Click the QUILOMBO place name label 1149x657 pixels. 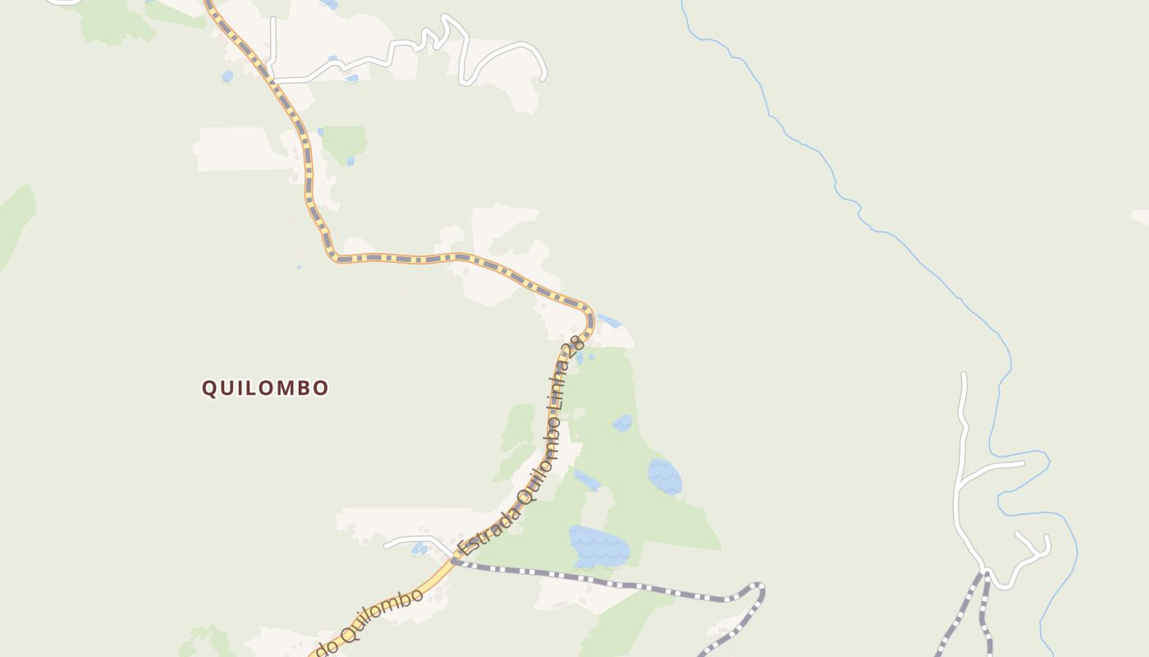point(265,388)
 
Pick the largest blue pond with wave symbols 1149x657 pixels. point(600,547)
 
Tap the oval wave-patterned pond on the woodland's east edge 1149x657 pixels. point(664,476)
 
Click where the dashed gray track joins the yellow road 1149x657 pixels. point(453,561)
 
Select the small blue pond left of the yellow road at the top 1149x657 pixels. point(227,76)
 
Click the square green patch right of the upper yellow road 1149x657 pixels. point(344,143)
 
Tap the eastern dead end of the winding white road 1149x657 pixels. point(543,78)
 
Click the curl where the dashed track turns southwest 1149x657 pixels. point(760,589)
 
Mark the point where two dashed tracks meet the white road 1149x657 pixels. point(984,572)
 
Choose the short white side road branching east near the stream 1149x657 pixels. point(993,468)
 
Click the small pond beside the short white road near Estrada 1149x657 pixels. point(419,548)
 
